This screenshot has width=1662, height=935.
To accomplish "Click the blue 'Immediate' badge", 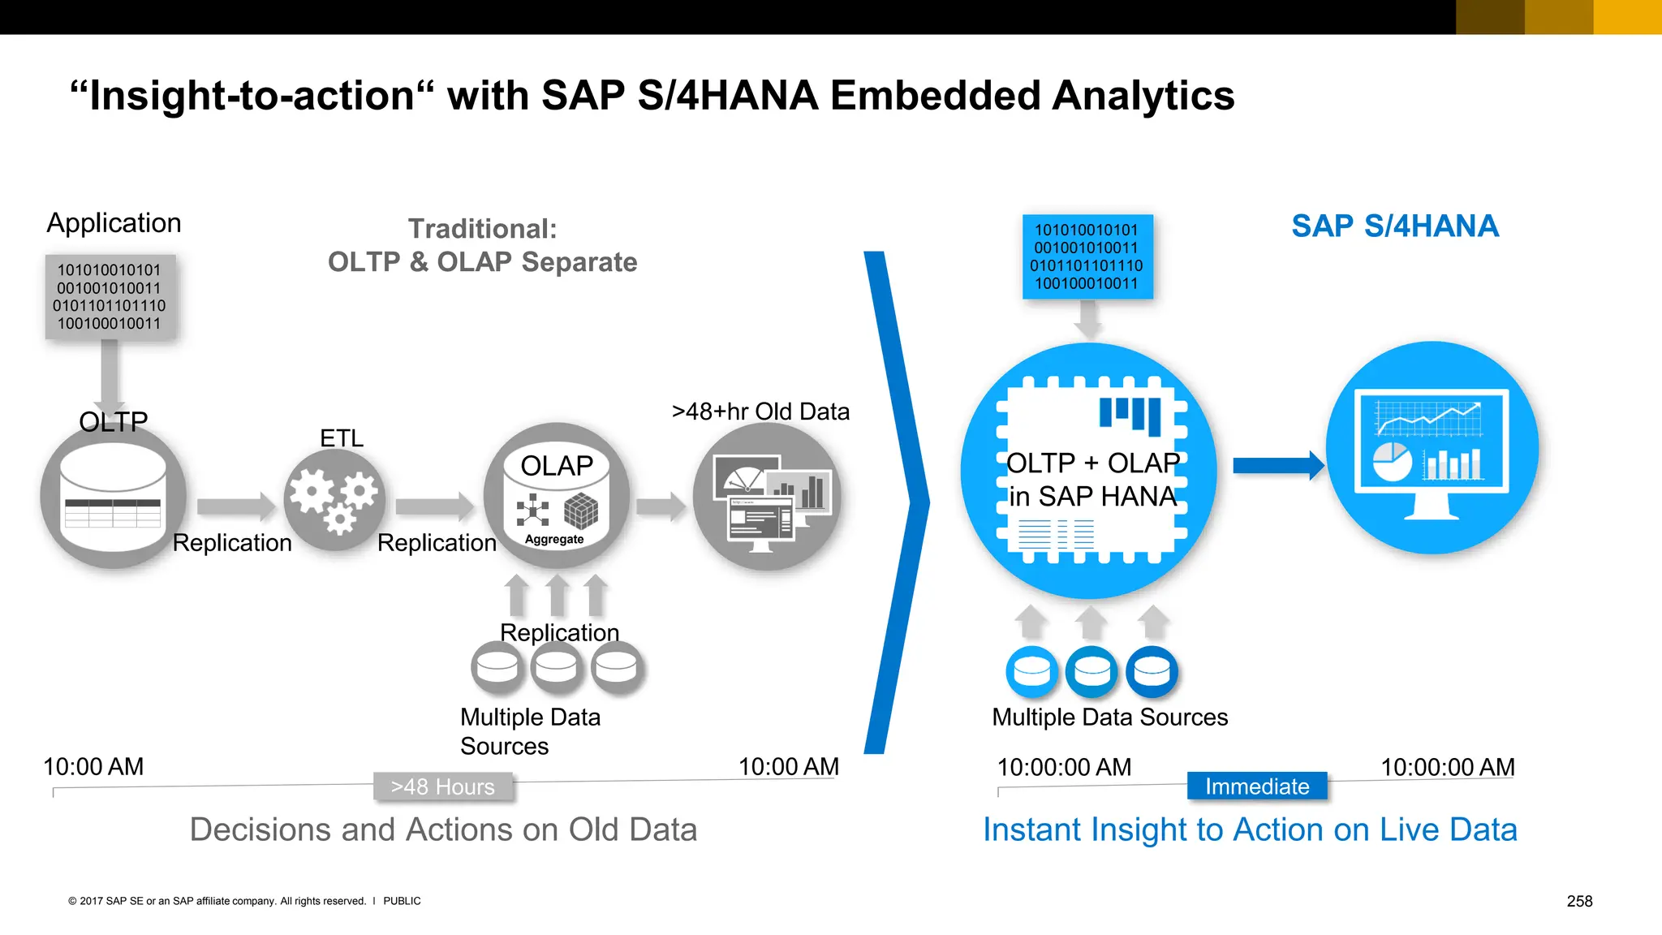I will (1256, 786).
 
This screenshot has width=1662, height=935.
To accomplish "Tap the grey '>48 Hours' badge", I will (443, 786).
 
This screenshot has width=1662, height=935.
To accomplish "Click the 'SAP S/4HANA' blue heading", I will (1394, 226).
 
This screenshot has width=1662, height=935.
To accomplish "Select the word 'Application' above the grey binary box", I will (114, 222).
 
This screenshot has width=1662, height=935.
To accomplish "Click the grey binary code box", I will (110, 296).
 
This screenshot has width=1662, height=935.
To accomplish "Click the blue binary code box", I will (1087, 256).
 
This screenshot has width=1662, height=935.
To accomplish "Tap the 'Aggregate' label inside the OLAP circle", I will (554, 539).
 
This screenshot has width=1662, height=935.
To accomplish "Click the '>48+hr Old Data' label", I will (760, 411).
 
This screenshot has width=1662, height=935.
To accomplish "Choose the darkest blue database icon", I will (1152, 671).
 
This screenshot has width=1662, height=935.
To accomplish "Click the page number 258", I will (1579, 901).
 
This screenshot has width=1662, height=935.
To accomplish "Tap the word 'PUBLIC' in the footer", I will (402, 901).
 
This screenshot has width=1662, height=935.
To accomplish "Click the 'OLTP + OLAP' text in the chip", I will (1092, 463).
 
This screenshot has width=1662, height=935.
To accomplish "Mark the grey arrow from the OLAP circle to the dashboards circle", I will (660, 506).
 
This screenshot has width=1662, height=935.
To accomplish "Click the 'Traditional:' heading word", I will (482, 229).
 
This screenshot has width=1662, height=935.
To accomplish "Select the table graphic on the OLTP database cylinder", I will (113, 513).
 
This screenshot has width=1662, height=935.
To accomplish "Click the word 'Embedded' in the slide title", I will (935, 95).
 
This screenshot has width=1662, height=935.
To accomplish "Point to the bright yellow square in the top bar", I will (1627, 17).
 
